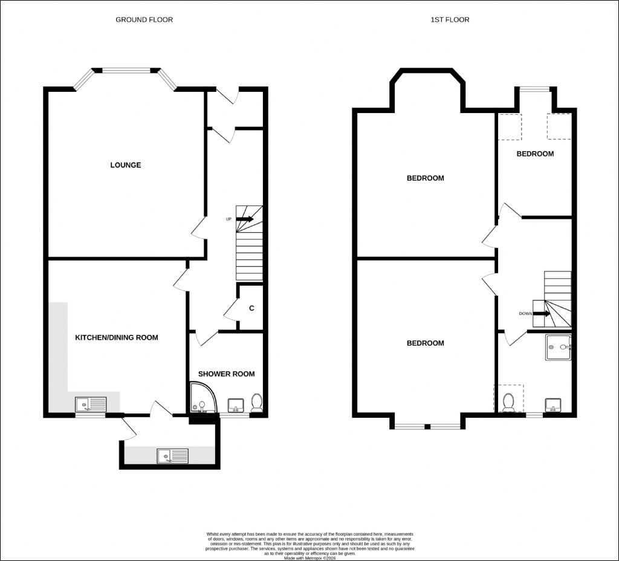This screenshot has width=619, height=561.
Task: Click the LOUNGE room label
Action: (126, 165)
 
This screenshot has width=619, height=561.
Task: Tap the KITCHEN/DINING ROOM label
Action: (117, 337)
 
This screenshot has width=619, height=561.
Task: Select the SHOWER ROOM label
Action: (226, 374)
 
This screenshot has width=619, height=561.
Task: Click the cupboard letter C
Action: (252, 308)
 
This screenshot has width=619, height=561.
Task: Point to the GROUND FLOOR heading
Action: (144, 19)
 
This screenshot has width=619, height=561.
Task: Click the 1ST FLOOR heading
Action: (450, 19)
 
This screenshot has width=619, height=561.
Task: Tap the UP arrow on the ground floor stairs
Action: (245, 219)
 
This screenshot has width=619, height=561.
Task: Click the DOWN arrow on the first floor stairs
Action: (541, 314)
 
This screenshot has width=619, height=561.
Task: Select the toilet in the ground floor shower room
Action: (256, 402)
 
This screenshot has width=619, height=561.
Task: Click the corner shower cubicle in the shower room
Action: (202, 398)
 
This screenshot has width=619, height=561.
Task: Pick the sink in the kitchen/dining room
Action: (91, 404)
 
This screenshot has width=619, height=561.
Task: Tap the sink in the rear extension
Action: (172, 456)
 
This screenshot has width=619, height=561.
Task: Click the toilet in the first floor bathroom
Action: (508, 403)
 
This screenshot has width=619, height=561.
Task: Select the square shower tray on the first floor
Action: (558, 348)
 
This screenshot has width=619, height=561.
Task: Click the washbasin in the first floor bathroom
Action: (553, 404)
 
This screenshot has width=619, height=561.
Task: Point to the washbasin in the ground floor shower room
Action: (236, 405)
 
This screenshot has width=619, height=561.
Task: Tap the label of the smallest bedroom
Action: (535, 154)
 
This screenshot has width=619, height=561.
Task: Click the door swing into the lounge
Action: (198, 228)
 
